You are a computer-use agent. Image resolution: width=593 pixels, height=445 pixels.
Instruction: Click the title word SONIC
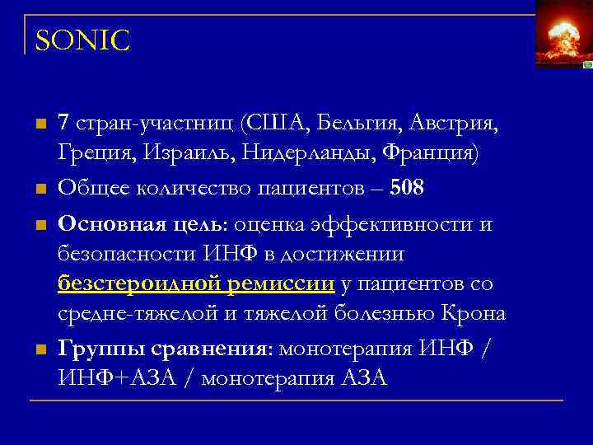pyautogui.click(x=82, y=40)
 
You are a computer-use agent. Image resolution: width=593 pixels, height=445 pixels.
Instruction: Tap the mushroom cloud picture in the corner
pyautogui.click(x=563, y=35)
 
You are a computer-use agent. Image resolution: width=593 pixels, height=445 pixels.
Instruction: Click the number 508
pyautogui.click(x=408, y=188)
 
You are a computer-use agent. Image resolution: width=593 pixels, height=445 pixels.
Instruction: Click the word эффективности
pyautogui.click(x=385, y=225)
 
